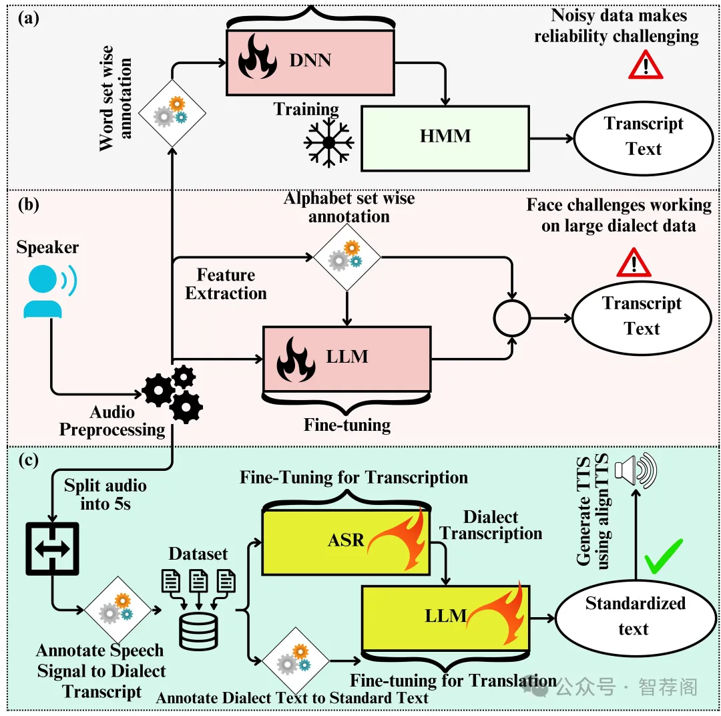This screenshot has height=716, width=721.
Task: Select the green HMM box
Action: coord(445,137)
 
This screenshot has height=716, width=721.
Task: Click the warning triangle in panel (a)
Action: coord(645,65)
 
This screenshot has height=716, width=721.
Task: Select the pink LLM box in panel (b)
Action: coord(347,357)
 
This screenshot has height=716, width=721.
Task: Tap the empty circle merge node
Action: coord(511,319)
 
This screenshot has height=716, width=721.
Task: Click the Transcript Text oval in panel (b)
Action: coord(642,317)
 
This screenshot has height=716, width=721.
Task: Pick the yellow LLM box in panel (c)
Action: coord(445,616)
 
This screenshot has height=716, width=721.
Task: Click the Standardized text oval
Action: coord(635,616)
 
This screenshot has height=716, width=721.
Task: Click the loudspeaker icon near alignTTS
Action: coord(636,470)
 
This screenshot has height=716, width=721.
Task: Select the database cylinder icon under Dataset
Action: coord(199,629)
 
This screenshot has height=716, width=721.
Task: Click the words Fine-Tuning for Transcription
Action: coord(353,478)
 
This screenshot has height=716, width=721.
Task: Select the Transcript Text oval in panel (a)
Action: coord(643,136)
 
